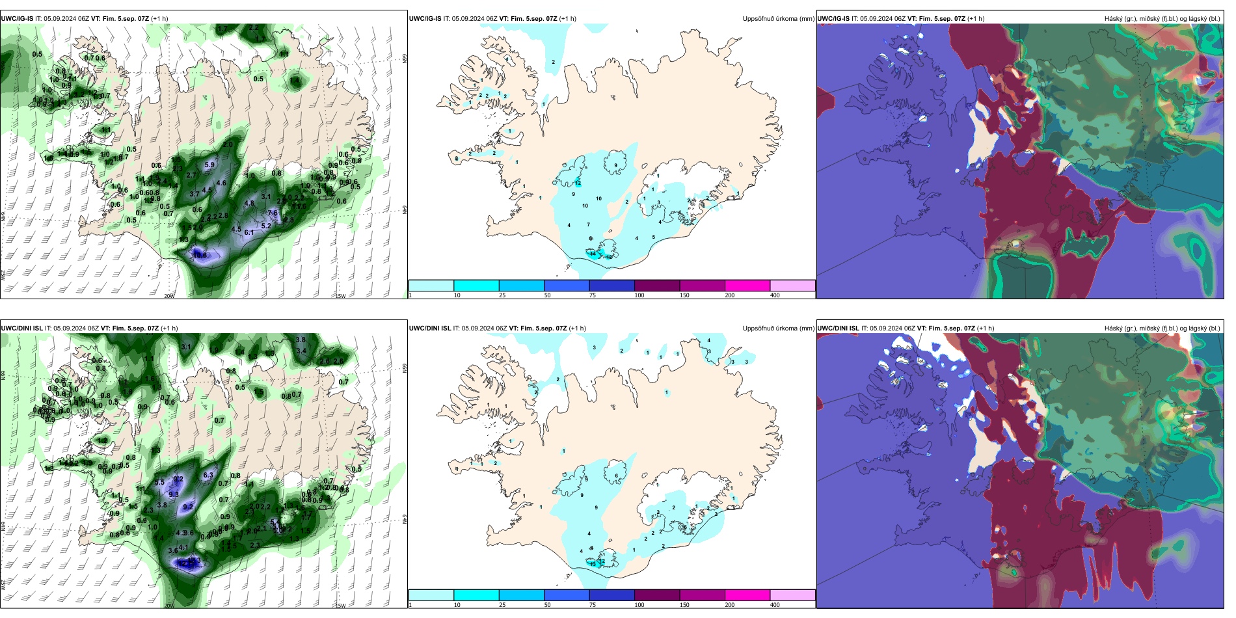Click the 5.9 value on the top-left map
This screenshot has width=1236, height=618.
click(x=209, y=165)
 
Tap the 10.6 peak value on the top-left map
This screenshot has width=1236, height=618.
click(x=200, y=255)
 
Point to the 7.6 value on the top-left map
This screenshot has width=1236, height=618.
click(x=273, y=213)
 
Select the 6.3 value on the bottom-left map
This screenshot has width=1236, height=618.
click(x=208, y=476)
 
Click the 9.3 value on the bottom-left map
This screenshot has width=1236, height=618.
click(x=174, y=494)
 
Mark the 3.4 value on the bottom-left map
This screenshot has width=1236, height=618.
click(x=301, y=351)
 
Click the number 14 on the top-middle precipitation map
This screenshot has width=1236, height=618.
click(x=593, y=254)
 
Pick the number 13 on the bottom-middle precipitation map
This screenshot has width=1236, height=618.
click(x=593, y=564)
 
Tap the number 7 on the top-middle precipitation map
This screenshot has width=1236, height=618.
click(x=589, y=225)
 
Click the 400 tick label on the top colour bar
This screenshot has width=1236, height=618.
click(x=775, y=295)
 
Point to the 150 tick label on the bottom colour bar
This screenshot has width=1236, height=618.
click(x=684, y=605)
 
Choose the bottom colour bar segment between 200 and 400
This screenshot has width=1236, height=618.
click(x=792, y=595)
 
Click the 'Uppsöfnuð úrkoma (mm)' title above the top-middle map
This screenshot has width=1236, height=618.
click(x=778, y=19)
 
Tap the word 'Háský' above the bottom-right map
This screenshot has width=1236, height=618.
click(x=1114, y=329)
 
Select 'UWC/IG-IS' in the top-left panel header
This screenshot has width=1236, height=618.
click(x=17, y=19)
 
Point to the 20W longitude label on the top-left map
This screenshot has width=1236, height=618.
click(x=169, y=296)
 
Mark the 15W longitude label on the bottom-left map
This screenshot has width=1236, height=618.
click(x=340, y=606)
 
